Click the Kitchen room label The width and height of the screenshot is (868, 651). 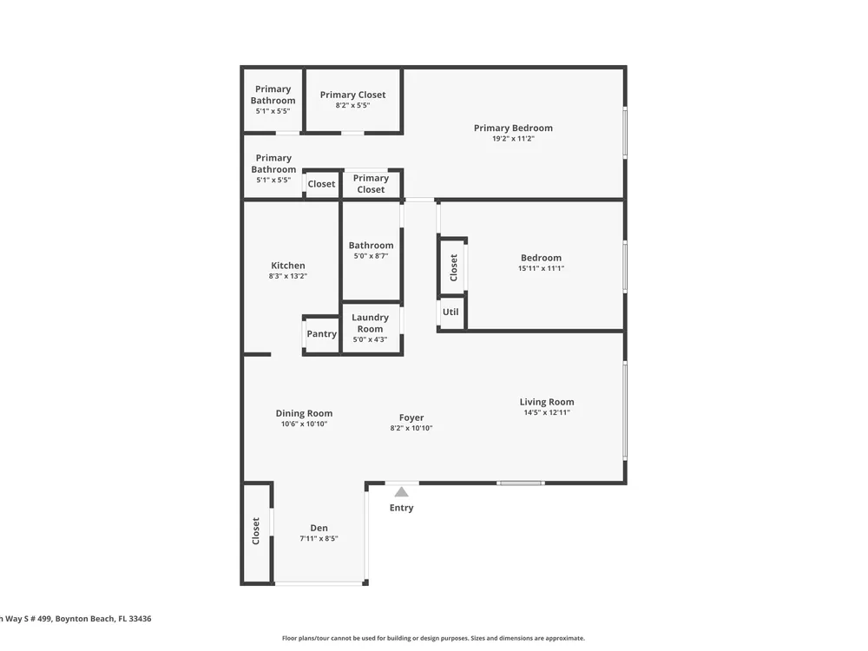pos(288,266)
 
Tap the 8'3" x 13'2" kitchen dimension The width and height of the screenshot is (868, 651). pos(288,276)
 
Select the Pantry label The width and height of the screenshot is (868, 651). pos(322,334)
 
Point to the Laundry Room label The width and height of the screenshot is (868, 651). pos(370,323)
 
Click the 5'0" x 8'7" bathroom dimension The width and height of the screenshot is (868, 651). pos(371,256)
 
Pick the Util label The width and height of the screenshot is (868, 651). pos(450,312)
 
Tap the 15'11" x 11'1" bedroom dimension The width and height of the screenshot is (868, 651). pos(541,268)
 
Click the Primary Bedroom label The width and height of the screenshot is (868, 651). pos(513,128)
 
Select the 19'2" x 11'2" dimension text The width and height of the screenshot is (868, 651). pos(513,138)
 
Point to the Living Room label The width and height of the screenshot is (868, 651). pos(547,402)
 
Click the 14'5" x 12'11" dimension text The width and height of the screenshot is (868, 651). pos(547,411)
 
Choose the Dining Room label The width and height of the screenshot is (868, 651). pos(304,413)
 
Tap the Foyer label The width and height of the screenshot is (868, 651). pos(411,418)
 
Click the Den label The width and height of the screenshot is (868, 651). pos(319,528)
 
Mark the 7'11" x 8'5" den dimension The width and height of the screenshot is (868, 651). pos(319,538)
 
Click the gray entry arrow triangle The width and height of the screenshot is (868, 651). pos(401,492)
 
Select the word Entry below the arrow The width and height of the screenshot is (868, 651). pos(401,508)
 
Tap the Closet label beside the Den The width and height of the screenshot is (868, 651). pos(256,531)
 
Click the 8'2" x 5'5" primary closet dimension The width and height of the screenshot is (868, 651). pos(352,105)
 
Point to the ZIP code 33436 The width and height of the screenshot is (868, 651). pos(140,619)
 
